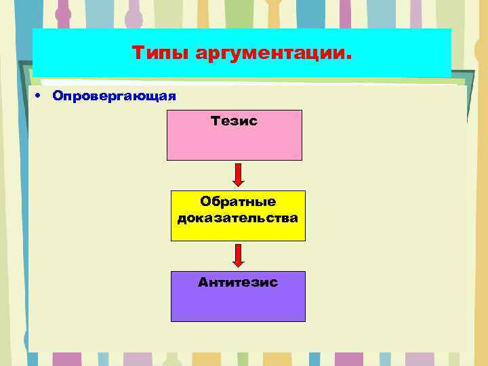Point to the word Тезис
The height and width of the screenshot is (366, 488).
(x=234, y=121)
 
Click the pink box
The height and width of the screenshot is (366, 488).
(x=234, y=142)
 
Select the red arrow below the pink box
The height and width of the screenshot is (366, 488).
(x=238, y=174)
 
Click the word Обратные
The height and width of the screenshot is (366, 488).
(x=238, y=201)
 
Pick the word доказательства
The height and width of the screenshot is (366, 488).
(x=238, y=218)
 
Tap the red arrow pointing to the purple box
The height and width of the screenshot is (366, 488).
(x=238, y=255)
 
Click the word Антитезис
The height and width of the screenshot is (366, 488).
(x=238, y=282)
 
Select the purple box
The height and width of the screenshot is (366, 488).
(x=238, y=304)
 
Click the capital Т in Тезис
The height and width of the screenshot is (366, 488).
(x=215, y=121)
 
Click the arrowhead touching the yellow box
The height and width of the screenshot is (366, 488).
(x=238, y=182)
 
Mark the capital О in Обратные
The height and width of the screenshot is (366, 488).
(x=205, y=201)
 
